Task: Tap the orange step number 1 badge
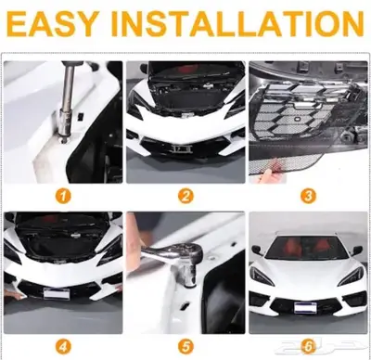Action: click(63, 196)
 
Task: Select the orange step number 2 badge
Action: click(185, 196)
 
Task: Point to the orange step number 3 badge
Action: click(308, 196)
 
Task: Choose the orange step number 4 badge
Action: click(63, 346)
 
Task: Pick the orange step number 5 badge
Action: click(185, 346)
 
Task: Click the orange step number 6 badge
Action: click(308, 346)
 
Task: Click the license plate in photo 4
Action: click(57, 293)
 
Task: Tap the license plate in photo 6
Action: click(305, 308)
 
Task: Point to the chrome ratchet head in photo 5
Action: click(185, 257)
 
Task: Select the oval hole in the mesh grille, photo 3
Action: click(299, 119)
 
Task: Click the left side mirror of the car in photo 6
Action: click(258, 250)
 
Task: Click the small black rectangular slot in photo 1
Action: click(82, 116)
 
